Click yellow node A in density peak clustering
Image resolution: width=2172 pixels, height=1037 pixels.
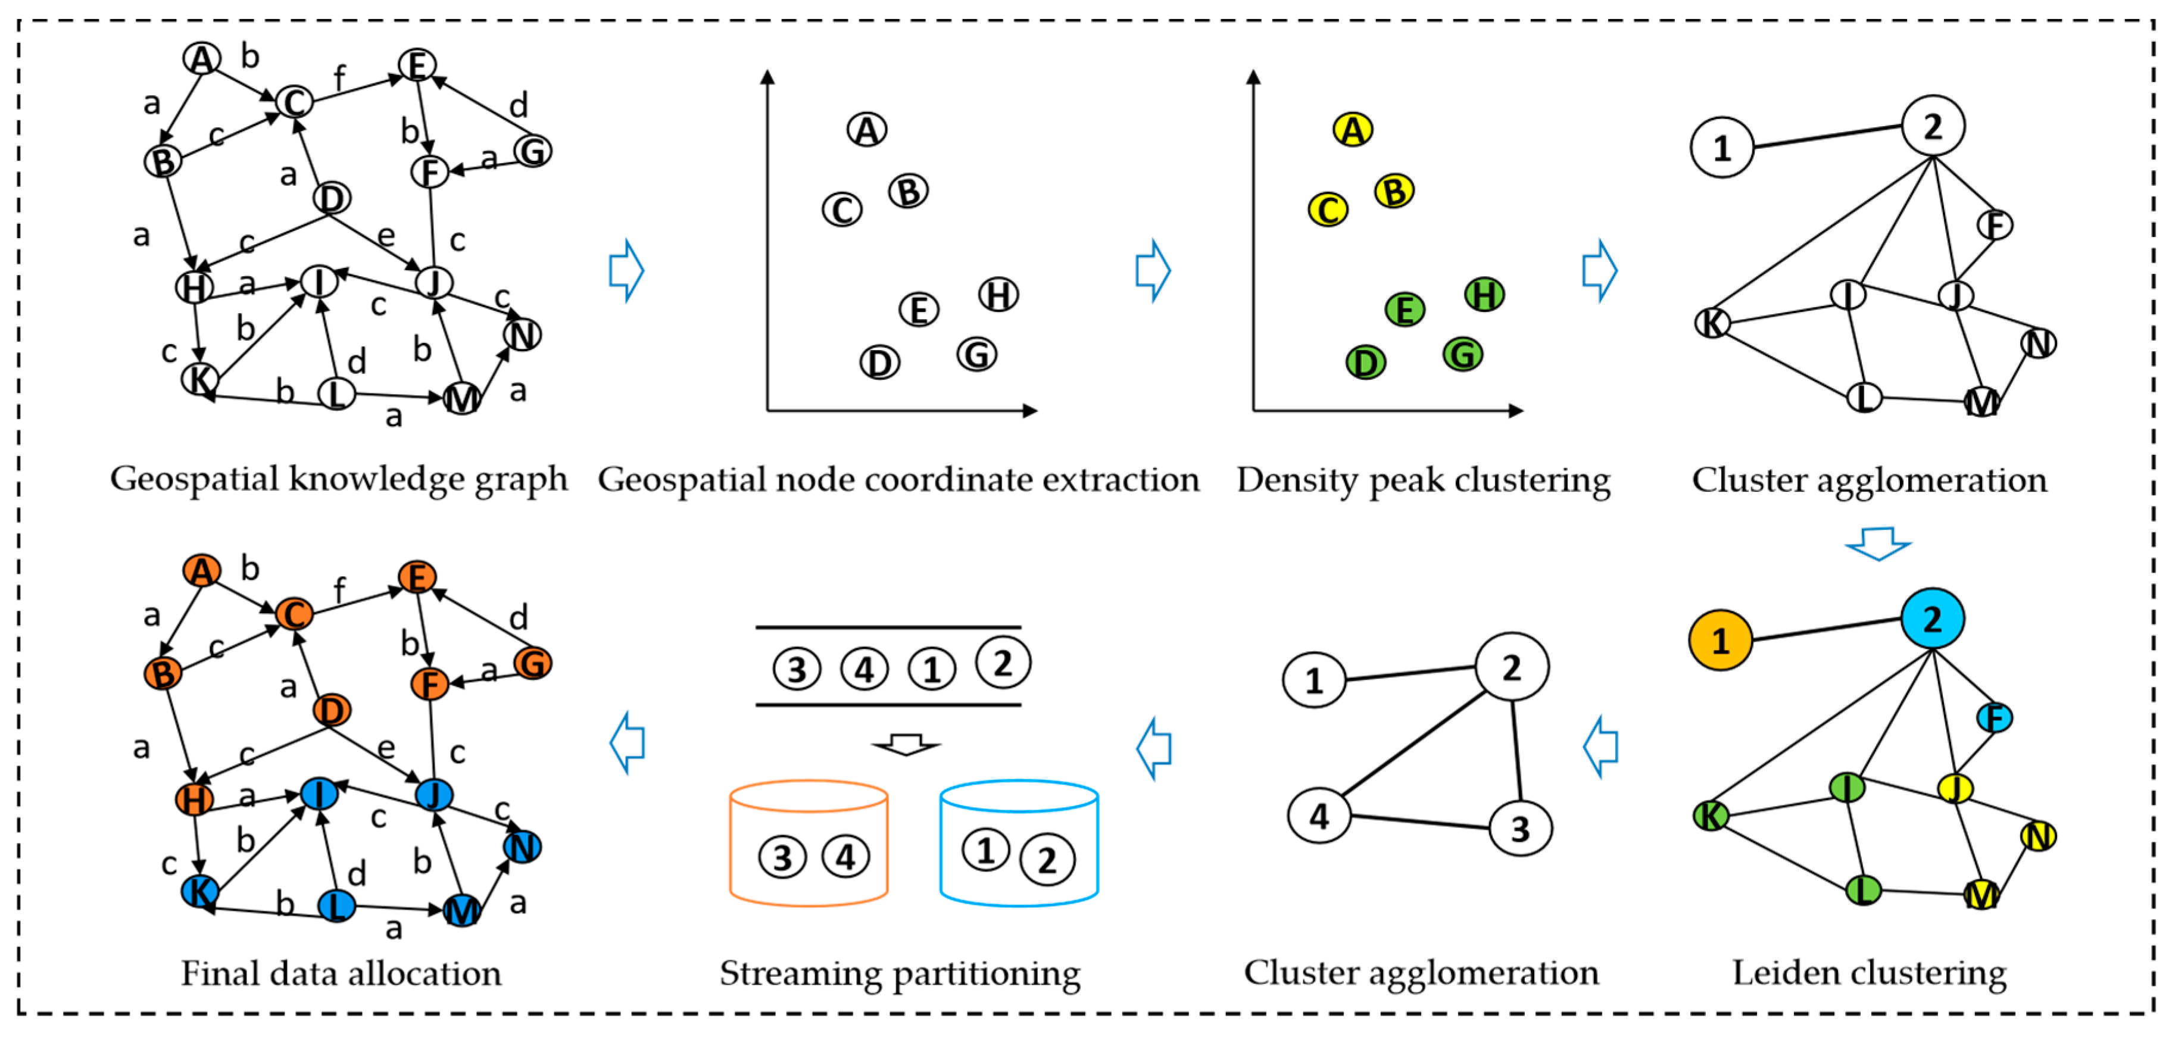coord(1353,130)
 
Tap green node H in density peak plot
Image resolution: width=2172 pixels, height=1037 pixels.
coord(1484,295)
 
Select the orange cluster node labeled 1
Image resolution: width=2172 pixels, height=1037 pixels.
coord(1721,641)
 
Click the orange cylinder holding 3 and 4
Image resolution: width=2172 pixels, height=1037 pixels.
coord(808,843)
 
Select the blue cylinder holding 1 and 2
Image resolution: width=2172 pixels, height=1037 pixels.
coord(1019,843)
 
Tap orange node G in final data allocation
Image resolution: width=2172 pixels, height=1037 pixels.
coord(533,664)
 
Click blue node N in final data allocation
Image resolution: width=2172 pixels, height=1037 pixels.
coord(522,847)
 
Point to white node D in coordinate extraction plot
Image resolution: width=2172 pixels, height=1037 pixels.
coord(879,363)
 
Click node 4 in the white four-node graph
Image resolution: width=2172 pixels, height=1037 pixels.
coord(1319,816)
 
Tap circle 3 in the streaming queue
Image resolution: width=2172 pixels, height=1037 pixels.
coord(796,670)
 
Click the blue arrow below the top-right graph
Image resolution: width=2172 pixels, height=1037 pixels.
coord(1878,544)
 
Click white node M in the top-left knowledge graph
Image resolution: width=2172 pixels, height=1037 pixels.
coord(461,398)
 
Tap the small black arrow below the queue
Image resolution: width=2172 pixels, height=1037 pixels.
coord(906,745)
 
